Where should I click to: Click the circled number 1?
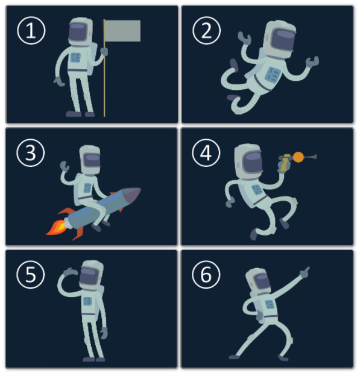pyautogui.click(x=31, y=31)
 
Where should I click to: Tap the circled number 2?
pyautogui.click(x=206, y=31)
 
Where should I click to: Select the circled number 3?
pyautogui.click(x=31, y=152)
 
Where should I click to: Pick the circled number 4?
pyautogui.click(x=206, y=152)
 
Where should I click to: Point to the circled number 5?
pyautogui.click(x=31, y=275)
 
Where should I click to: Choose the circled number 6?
pyautogui.click(x=206, y=275)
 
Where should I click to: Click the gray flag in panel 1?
pyautogui.click(x=122, y=31)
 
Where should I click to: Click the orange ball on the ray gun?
pyautogui.click(x=298, y=157)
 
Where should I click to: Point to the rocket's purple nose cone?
pyautogui.click(x=131, y=195)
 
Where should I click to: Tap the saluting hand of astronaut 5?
pyautogui.click(x=69, y=272)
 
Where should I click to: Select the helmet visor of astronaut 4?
pyautogui.click(x=253, y=162)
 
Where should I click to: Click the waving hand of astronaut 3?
pyautogui.click(x=65, y=166)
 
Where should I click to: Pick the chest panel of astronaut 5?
pyautogui.click(x=87, y=301)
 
